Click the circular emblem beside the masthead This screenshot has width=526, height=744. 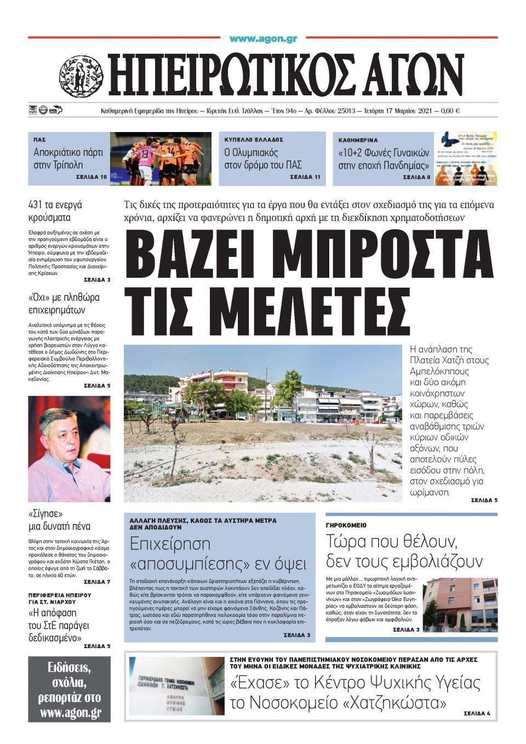coord(81,77)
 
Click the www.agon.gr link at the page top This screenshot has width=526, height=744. coord(263,38)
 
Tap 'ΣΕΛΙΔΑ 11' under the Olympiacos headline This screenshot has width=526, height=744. coord(305,178)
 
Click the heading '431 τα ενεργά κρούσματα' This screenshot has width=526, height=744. coord(55,211)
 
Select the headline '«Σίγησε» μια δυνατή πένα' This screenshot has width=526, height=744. coord(59,520)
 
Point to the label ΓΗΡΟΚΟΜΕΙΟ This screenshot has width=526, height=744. coord(346,525)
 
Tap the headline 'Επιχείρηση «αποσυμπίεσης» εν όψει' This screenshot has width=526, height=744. coord(218,554)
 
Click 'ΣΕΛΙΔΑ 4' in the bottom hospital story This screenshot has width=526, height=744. coord(477,713)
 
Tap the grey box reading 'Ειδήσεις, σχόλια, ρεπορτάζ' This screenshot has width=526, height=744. coord(70,689)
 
